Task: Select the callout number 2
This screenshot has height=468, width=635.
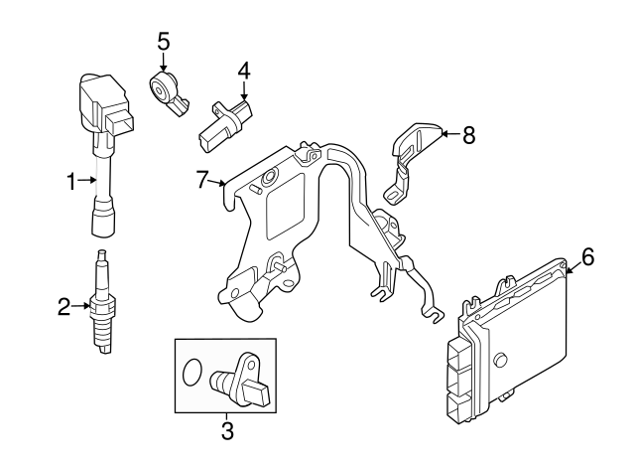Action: click(64, 308)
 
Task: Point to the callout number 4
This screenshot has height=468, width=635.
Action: click(244, 72)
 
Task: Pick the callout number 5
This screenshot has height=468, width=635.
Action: click(164, 41)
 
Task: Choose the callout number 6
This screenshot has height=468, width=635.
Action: click(587, 258)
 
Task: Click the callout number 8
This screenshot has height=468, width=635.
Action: click(468, 134)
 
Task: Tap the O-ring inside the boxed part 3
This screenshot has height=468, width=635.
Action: click(193, 375)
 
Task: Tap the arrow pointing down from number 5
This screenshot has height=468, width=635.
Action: click(164, 60)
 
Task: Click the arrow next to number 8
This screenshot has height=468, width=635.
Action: click(448, 134)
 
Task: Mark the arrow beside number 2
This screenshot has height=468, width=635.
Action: click(83, 308)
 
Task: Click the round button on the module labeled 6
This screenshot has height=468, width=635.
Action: click(501, 360)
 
